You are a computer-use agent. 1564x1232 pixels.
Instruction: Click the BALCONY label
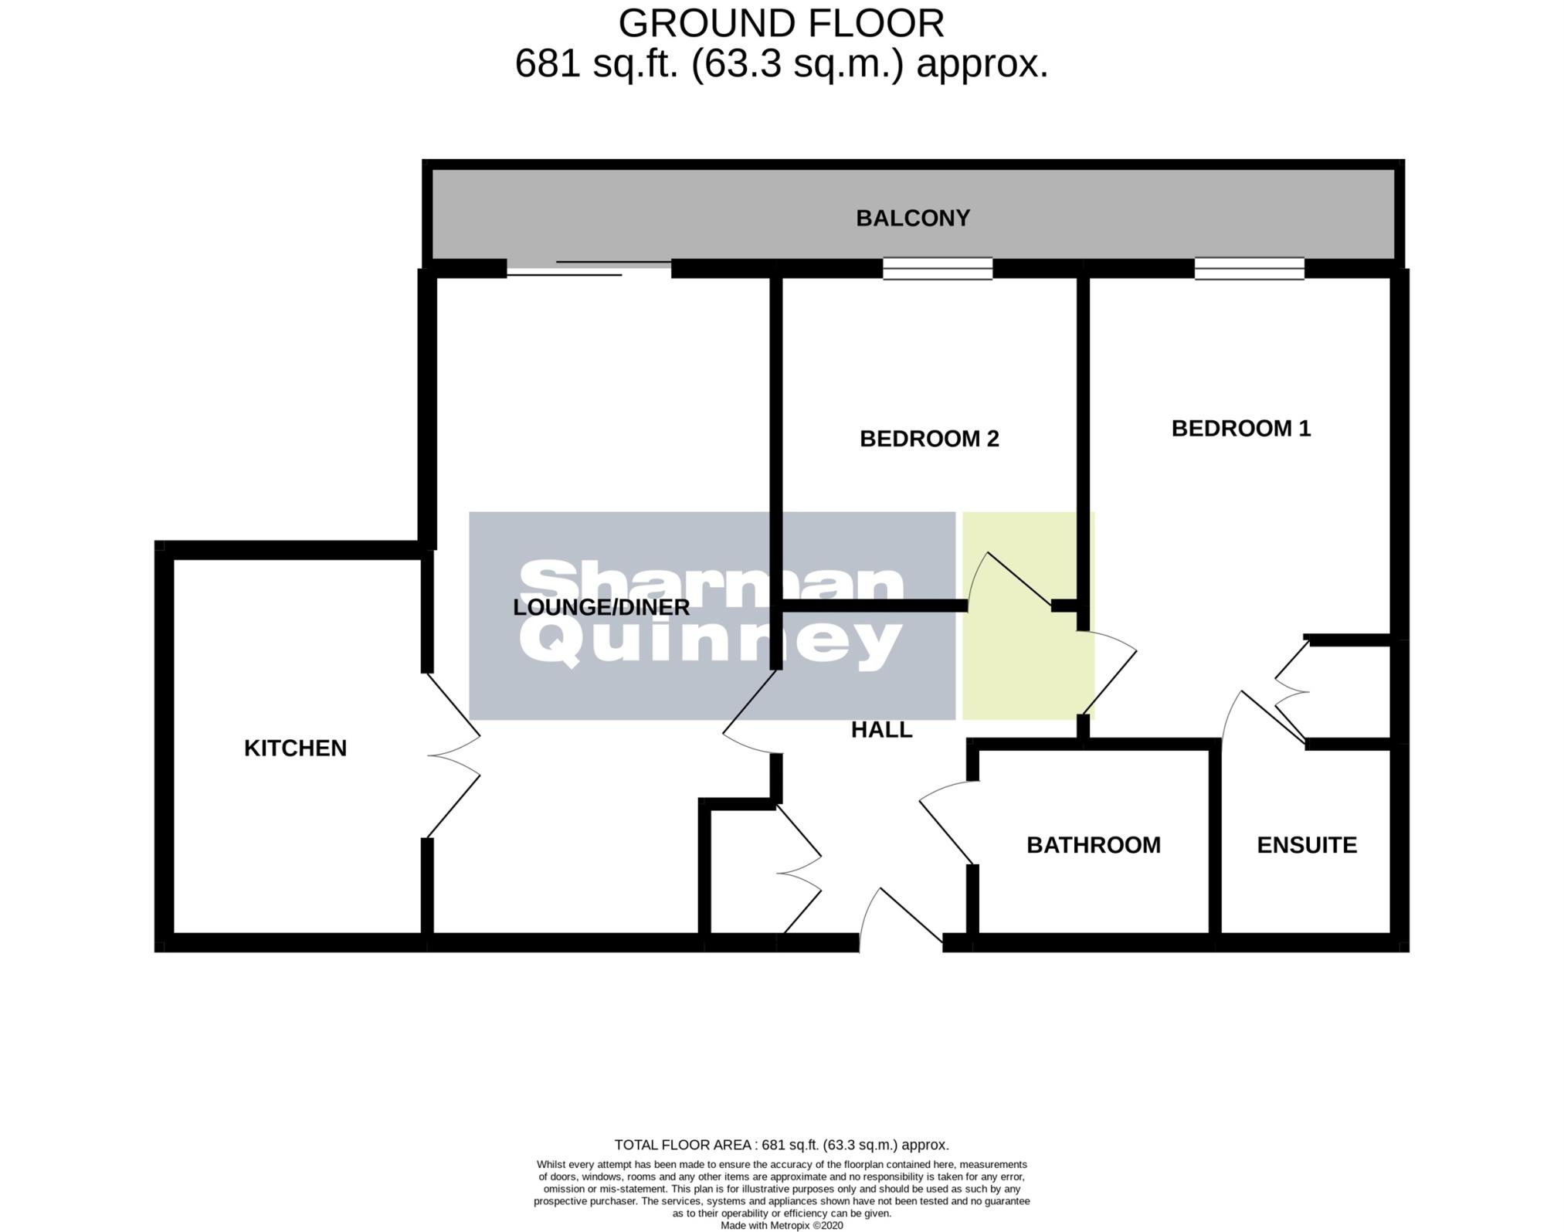coord(912,219)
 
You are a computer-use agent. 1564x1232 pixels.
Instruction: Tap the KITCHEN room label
coord(295,748)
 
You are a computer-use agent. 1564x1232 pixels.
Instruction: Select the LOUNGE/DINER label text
coord(601,607)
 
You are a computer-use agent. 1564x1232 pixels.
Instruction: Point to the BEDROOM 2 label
coord(929,439)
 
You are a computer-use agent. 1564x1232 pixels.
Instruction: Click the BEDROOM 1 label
coord(1240,429)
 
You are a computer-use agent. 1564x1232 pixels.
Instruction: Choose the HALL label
coord(881,730)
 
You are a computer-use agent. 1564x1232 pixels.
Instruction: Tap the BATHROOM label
coord(1093,845)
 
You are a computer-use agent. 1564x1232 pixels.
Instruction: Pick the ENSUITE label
coord(1307,845)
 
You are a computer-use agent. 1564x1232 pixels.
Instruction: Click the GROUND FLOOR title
coord(781,24)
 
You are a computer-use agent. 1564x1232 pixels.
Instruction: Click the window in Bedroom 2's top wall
coord(938,268)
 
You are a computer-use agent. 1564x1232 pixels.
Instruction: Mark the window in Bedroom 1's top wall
coord(1249,268)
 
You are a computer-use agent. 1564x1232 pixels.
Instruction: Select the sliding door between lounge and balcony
coord(589,268)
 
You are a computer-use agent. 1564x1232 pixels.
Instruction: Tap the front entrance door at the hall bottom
coord(901,919)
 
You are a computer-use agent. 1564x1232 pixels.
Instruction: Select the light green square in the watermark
coord(1027,616)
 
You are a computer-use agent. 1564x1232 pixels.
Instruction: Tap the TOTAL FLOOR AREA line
coord(781,1145)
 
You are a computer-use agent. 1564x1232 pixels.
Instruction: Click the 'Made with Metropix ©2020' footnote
coord(781,1225)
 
